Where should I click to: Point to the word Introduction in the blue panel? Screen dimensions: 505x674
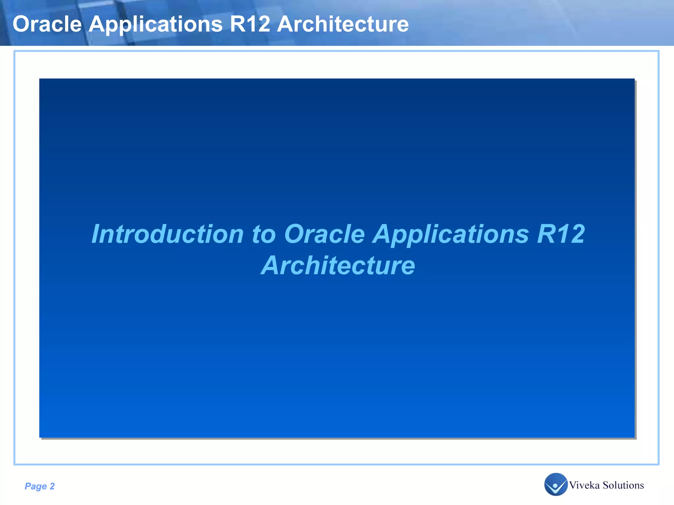point(168,234)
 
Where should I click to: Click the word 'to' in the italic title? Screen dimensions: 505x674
point(264,234)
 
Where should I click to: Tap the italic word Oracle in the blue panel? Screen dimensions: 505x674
point(324,234)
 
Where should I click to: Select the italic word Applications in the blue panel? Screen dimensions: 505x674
point(451,234)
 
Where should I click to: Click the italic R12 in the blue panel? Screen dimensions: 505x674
point(561,234)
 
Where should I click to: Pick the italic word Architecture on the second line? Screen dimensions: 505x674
point(338,266)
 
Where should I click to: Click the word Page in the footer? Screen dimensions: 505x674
point(36,486)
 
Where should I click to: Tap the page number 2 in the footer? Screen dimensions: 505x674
point(52,486)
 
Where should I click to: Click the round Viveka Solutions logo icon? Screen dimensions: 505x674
point(556,484)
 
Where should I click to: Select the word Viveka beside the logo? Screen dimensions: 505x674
point(584,485)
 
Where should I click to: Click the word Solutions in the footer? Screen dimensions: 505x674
point(623,485)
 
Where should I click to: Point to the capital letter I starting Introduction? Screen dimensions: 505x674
point(96,234)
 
